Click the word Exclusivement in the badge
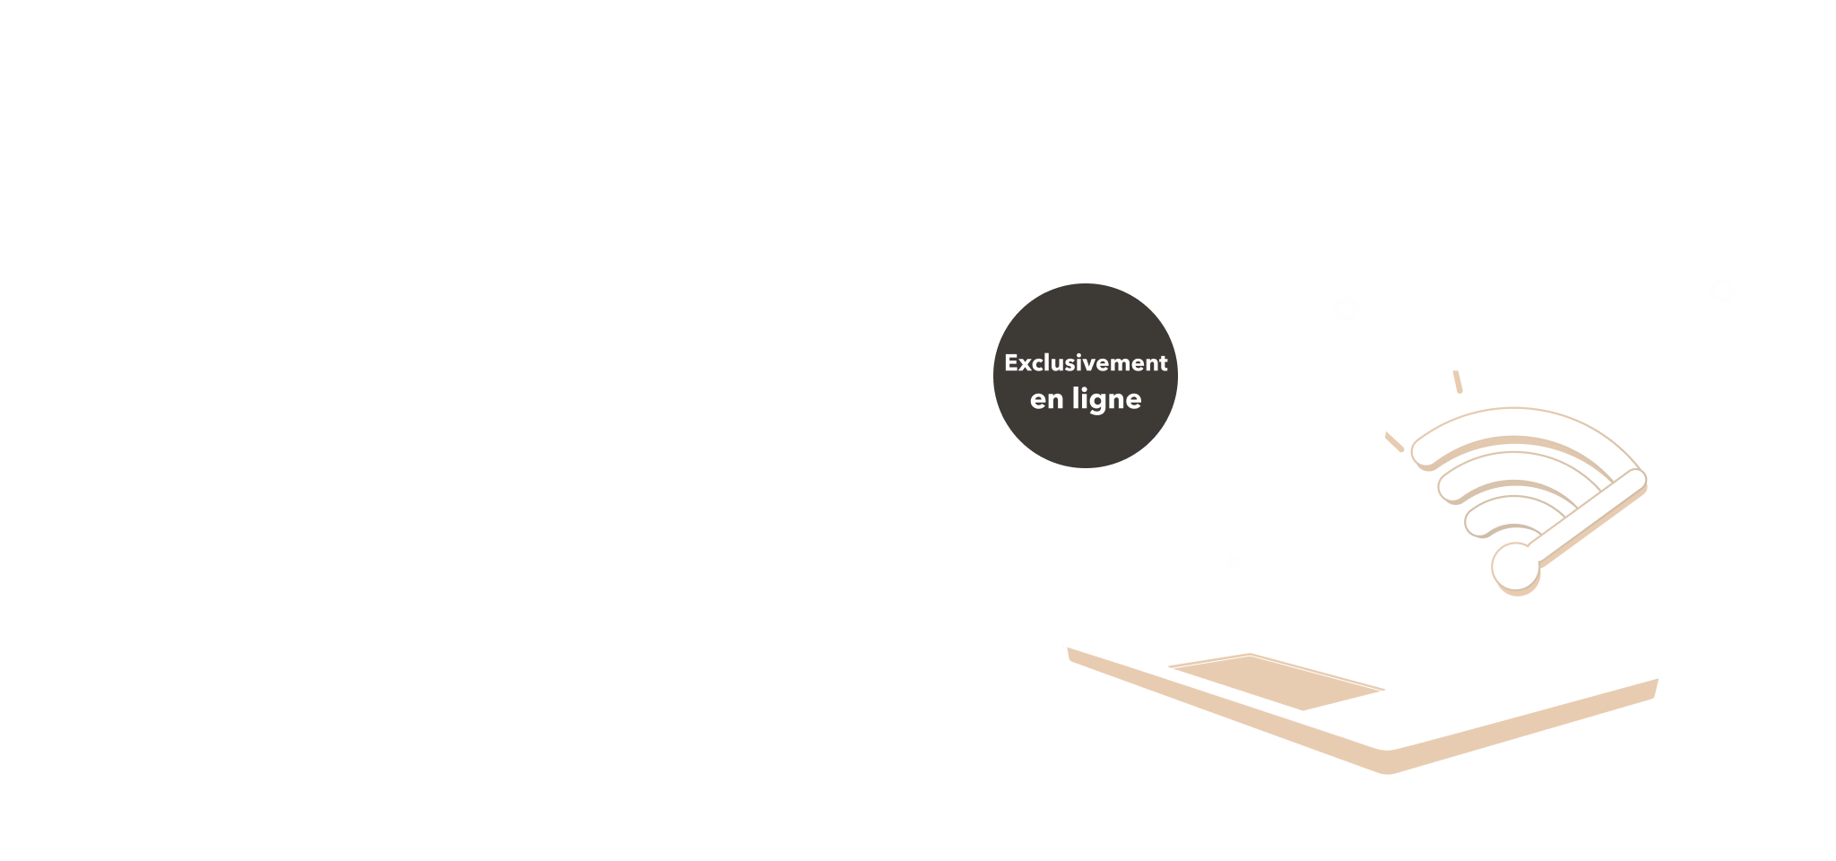(x=1086, y=363)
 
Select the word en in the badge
(x=1047, y=401)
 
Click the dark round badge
(x=1086, y=376)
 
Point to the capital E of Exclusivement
(x=1011, y=363)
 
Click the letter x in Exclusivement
(x=1026, y=365)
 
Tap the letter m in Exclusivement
(x=1126, y=365)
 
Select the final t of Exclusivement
(x=1163, y=363)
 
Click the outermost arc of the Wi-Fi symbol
(x=1515, y=425)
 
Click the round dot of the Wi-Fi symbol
(x=1516, y=568)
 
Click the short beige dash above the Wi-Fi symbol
(x=1458, y=382)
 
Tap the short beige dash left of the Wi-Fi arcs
(x=1394, y=442)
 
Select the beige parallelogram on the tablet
(x=1277, y=682)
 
